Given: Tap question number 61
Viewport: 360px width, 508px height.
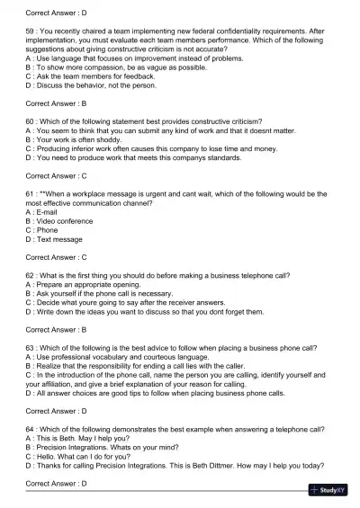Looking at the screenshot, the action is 31,192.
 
